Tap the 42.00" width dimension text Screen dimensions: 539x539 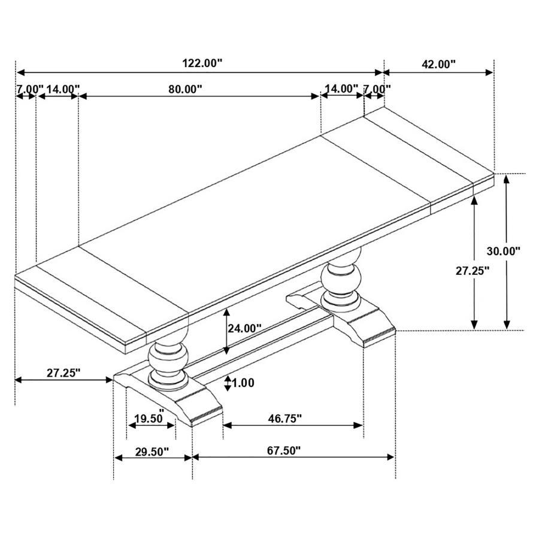[438, 64]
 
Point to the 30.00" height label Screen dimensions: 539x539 [504, 252]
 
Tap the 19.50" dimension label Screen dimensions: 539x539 [149, 419]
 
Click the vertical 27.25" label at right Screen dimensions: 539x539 [473, 271]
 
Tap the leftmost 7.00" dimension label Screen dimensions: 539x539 [28, 89]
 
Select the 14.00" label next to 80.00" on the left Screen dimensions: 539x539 [62, 89]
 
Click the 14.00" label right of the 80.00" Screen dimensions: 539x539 [341, 89]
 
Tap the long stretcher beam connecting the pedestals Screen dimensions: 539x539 [264, 341]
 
